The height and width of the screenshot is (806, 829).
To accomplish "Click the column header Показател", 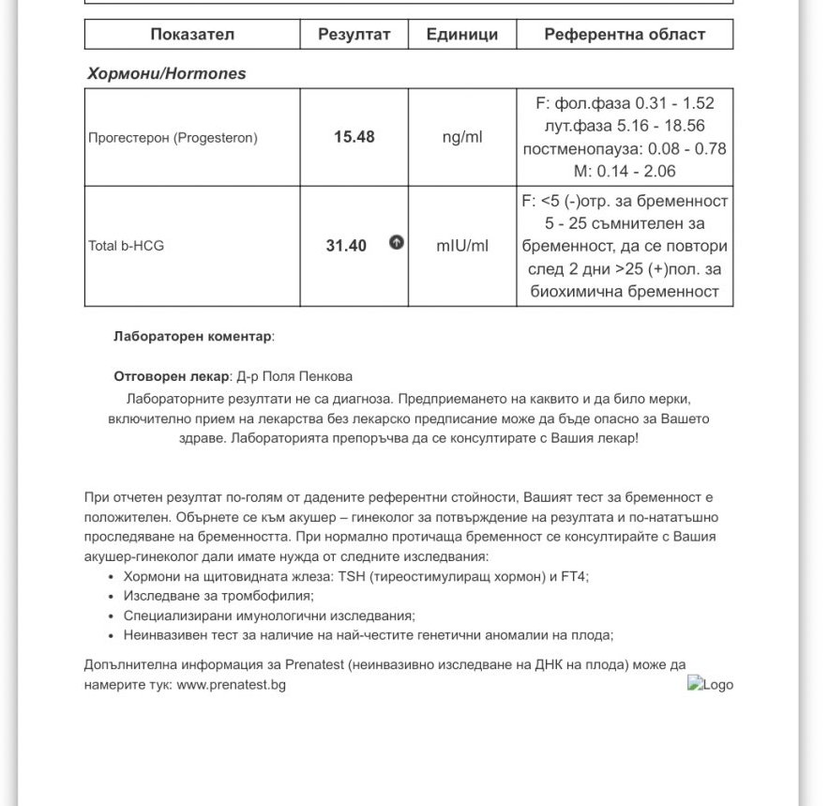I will point(192,35).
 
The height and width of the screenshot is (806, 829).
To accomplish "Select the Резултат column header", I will point(354,35).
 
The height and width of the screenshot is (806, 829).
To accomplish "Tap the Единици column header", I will point(461,35).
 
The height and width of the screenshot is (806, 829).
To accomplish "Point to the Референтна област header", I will point(625,35).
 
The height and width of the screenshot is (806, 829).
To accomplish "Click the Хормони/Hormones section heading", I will point(166,73).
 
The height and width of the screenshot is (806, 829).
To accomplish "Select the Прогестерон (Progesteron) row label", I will point(173,138).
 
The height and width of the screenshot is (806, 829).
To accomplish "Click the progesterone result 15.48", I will point(354,137).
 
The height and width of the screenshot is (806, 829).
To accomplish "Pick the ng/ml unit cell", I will point(462,138).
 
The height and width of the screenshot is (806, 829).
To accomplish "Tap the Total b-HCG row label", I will point(127,247).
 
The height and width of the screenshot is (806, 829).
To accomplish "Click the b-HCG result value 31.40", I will point(346,246).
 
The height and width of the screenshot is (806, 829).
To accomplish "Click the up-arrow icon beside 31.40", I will point(397,243).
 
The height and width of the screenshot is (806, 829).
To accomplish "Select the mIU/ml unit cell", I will point(462,246).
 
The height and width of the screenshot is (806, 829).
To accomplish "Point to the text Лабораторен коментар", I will point(192,336).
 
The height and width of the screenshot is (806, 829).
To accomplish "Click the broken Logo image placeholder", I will point(710,684).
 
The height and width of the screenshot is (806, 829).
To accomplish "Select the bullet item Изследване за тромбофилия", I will point(219,596).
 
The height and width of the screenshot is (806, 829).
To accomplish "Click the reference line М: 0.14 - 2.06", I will point(625,172).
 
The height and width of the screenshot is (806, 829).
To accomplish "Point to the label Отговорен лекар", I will point(171,376).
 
